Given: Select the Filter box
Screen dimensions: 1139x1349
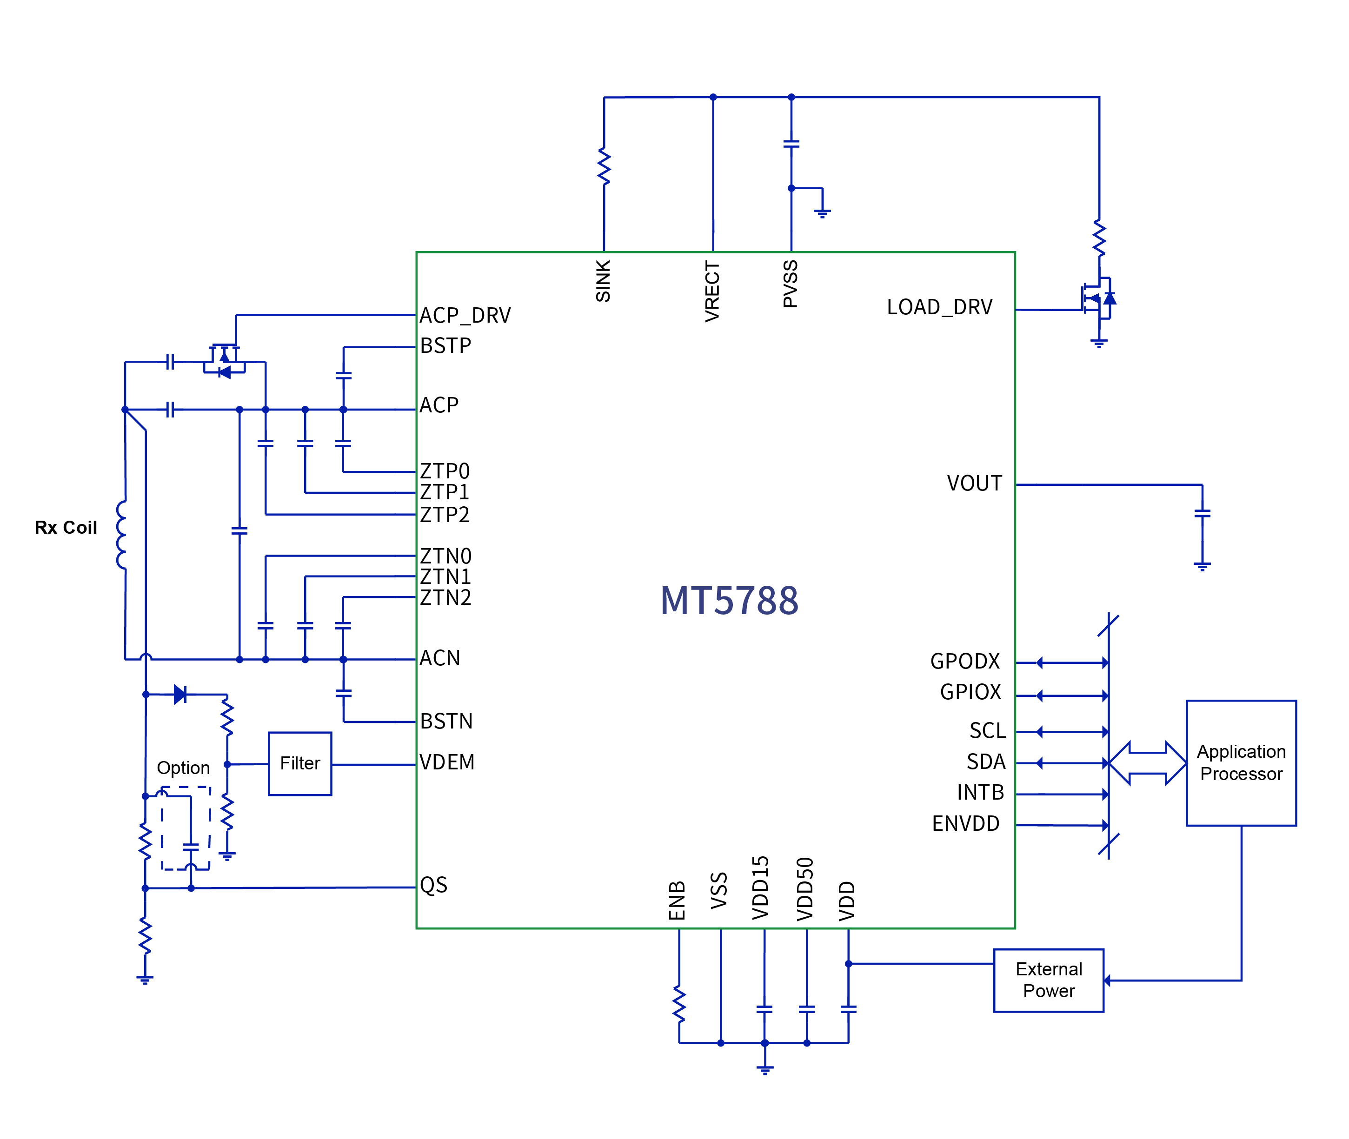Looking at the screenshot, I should pos(299,763).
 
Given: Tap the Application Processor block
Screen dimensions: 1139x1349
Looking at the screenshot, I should pos(1241,762).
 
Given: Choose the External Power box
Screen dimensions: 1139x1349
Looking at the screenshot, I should pos(1048,980).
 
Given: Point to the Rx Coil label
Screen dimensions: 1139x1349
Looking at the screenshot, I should pos(66,528).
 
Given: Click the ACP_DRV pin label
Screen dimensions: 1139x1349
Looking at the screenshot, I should pos(465,315).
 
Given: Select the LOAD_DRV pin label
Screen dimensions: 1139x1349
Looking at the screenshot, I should pos(939,307).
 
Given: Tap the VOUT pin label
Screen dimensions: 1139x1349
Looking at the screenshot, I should pos(974,483).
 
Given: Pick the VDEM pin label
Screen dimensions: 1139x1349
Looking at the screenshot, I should pos(447,762).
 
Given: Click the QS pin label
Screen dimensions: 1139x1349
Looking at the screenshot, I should pos(433,885).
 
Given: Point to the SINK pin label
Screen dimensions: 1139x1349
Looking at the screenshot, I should pos(603,281).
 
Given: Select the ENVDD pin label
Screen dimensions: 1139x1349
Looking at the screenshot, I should pos(965,823).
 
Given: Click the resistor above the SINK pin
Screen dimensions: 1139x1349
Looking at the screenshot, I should pos(604,166).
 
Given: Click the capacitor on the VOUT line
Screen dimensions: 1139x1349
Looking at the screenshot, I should pos(1202,513).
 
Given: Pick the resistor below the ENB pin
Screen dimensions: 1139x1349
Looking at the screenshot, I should pos(679,1004).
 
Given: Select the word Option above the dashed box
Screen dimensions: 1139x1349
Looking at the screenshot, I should pos(183,767).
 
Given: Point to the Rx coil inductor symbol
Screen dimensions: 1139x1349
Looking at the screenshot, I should pos(122,535).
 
